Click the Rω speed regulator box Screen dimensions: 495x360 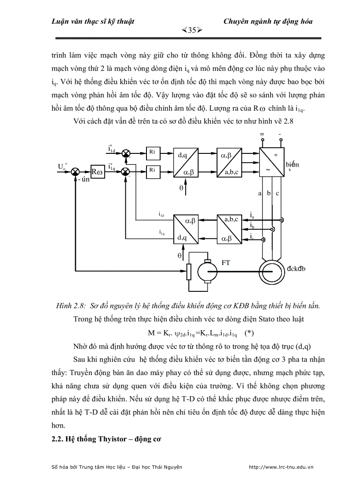point(97,171)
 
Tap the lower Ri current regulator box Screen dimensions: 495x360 point(152,169)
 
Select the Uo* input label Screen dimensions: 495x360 point(62,166)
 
